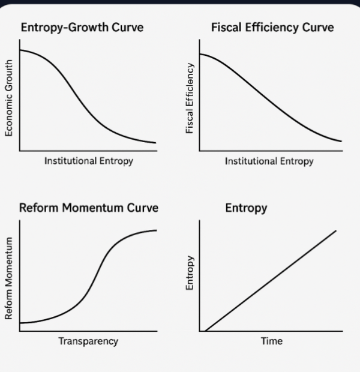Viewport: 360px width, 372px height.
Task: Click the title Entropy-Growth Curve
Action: (x=82, y=28)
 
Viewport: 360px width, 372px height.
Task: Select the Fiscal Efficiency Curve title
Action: (x=272, y=28)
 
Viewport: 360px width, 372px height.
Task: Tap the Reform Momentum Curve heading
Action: (x=89, y=208)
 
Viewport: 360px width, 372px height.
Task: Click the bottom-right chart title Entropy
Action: (x=246, y=208)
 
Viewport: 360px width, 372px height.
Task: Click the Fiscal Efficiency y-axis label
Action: (x=190, y=98)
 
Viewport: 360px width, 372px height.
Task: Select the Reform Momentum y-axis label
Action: (x=8, y=278)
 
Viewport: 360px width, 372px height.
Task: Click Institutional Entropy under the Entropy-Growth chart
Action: (x=88, y=161)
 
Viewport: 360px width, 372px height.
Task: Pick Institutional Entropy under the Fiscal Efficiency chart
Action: (x=269, y=161)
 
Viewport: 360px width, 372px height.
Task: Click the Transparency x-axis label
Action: (x=88, y=341)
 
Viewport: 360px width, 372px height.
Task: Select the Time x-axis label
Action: (x=271, y=341)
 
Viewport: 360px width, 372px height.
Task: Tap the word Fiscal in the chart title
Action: (x=227, y=28)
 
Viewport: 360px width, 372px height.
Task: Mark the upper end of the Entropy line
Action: (x=336, y=230)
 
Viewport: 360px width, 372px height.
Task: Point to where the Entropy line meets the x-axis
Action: (x=206, y=331)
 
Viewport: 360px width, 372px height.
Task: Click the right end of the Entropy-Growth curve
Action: (x=155, y=143)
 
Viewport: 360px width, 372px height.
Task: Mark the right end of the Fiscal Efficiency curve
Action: (x=341, y=141)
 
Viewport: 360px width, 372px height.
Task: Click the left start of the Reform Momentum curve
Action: (x=20, y=323)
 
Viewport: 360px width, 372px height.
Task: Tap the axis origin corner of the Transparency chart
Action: (x=19, y=331)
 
